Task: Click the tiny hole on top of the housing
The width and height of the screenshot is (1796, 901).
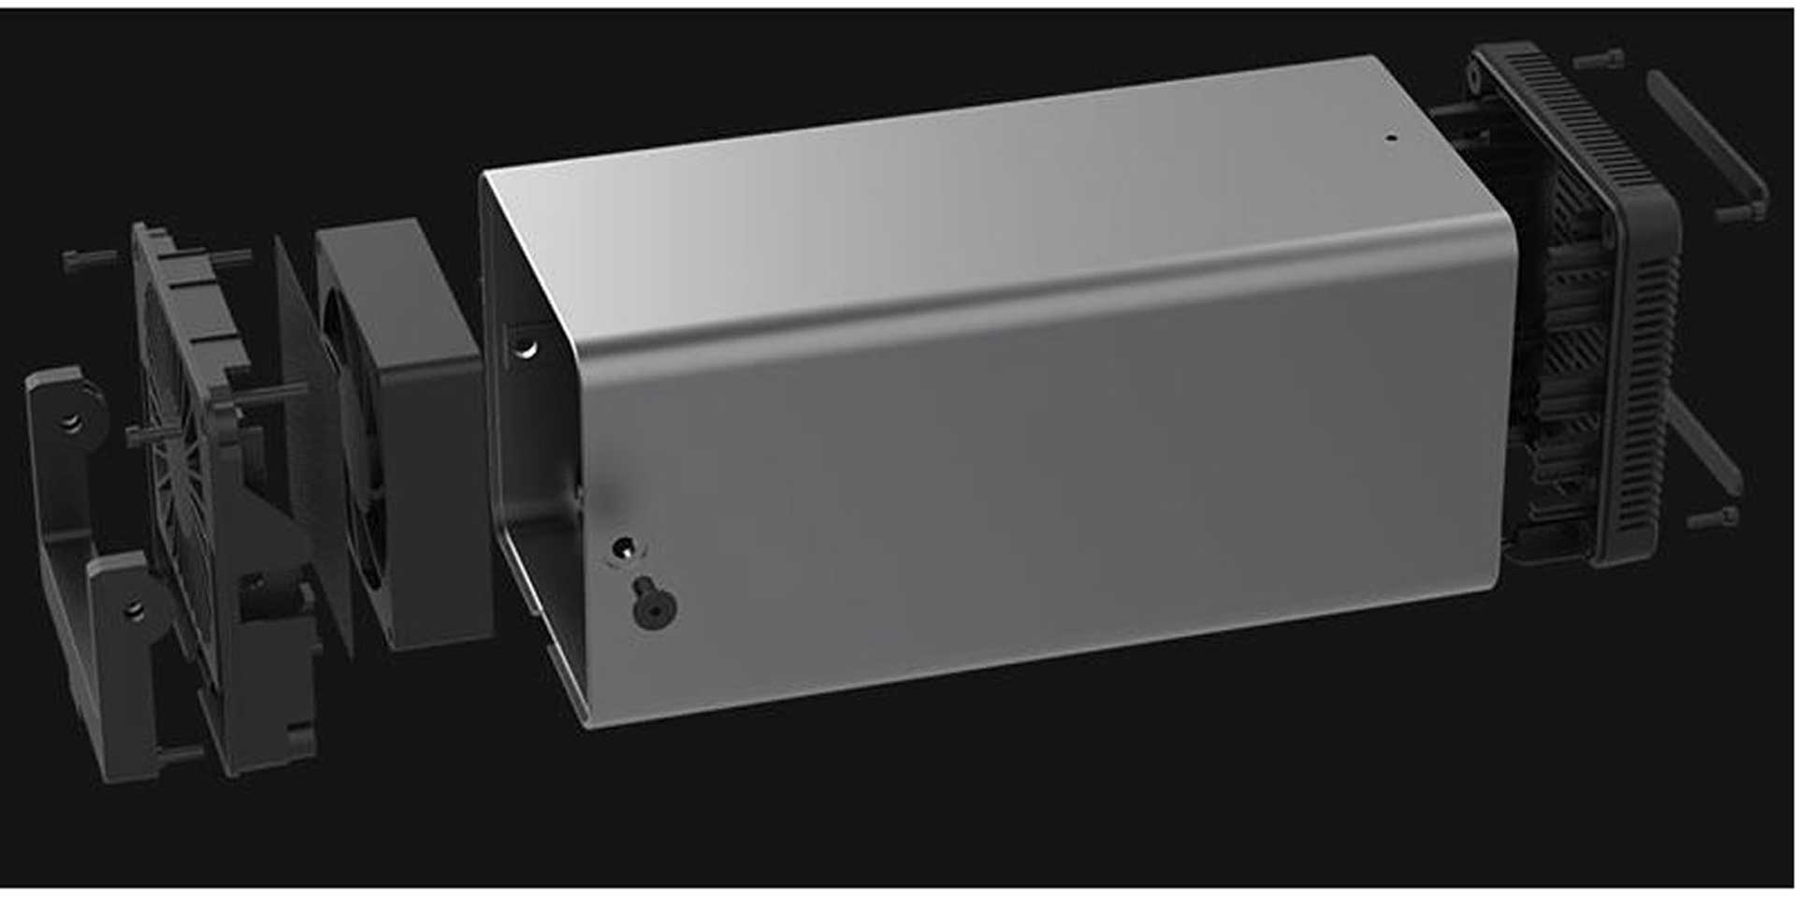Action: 1390,138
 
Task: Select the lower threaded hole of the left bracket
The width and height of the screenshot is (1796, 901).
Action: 136,610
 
